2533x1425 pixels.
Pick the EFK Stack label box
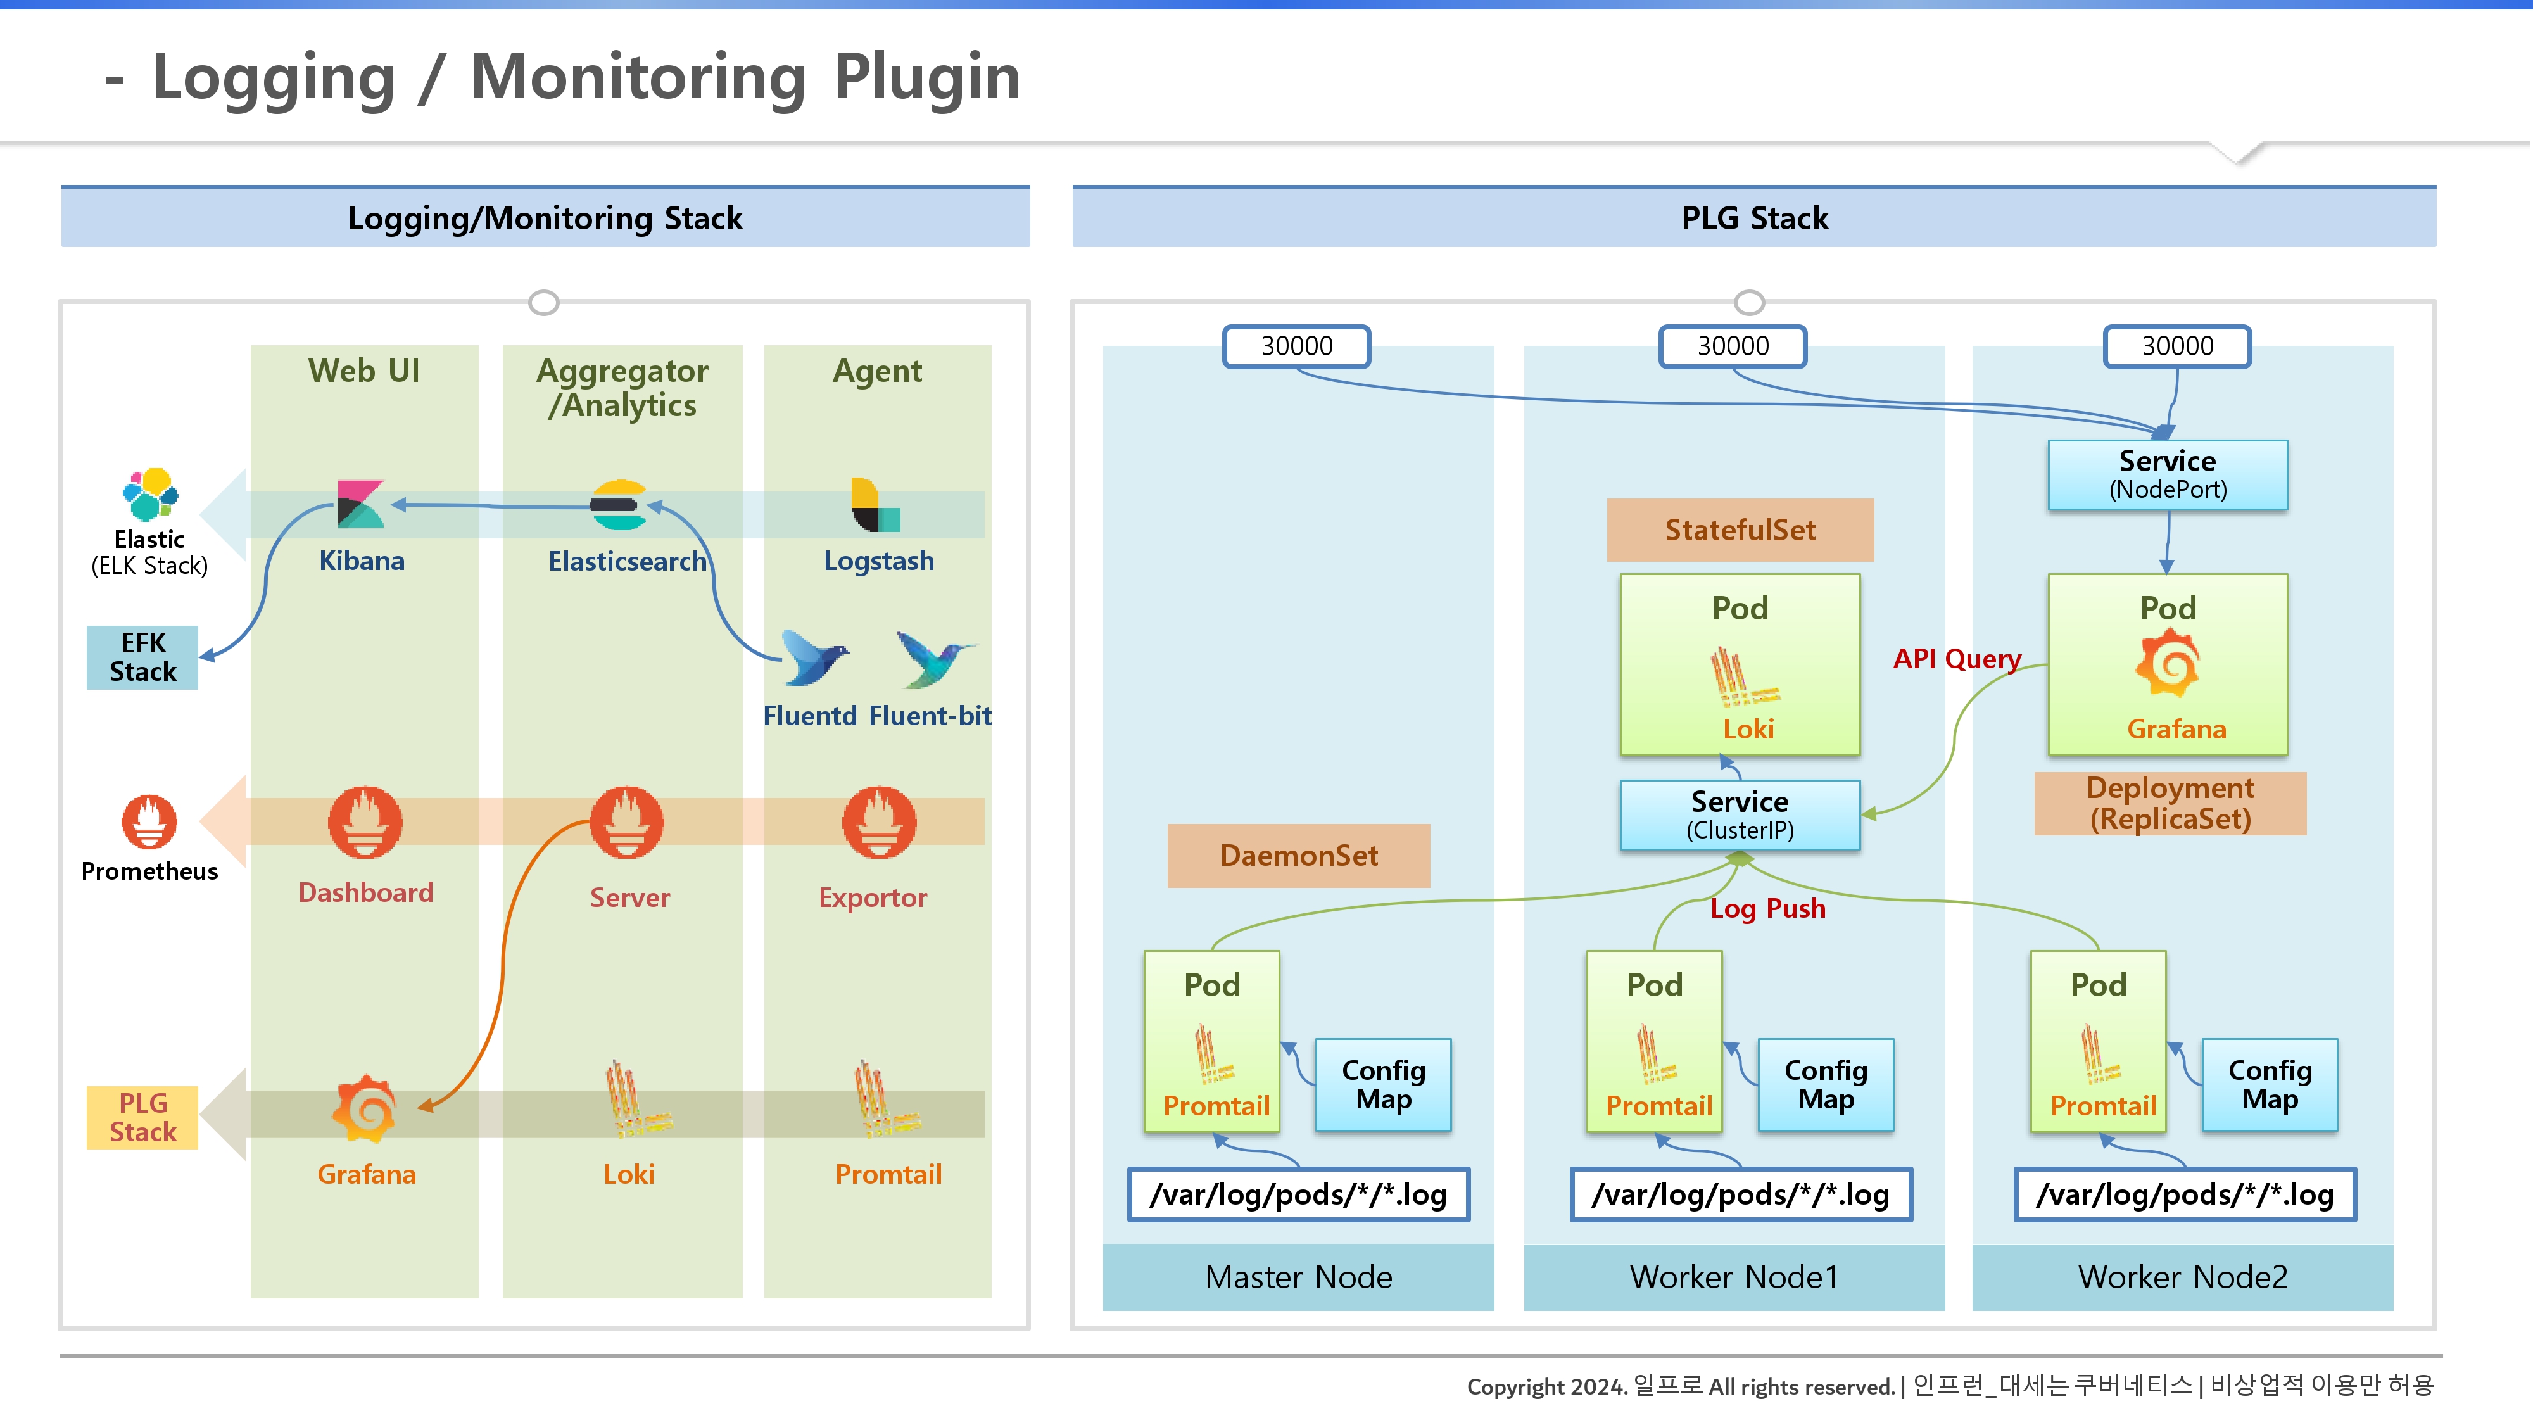142,657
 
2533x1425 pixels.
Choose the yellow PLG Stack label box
142,1117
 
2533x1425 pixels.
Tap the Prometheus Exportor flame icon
879,822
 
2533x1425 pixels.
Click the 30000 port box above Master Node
1297,346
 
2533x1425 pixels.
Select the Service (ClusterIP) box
1740,815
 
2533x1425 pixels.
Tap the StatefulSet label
1740,530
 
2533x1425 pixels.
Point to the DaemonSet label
1299,856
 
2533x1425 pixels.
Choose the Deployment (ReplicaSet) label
2170,804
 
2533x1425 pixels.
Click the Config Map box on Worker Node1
1826,1085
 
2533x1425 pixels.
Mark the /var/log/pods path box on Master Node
1299,1195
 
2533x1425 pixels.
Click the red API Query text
1957,659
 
